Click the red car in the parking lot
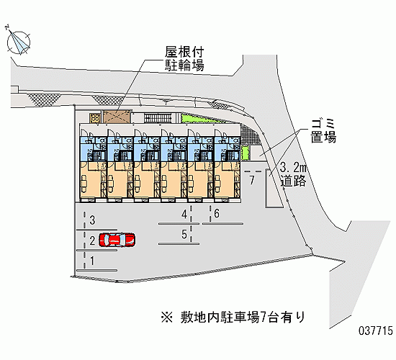117,240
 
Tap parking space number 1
92,261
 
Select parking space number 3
92,220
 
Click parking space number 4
184,215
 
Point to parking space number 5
184,234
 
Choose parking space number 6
217,213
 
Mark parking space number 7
252,180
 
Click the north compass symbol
18,42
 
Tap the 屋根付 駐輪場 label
184,58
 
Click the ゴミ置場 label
323,131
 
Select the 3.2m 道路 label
294,174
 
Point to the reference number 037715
376,330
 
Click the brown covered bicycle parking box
117,117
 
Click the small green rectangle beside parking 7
245,153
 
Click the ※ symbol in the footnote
167,318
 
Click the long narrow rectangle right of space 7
274,189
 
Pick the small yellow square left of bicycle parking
95,118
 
